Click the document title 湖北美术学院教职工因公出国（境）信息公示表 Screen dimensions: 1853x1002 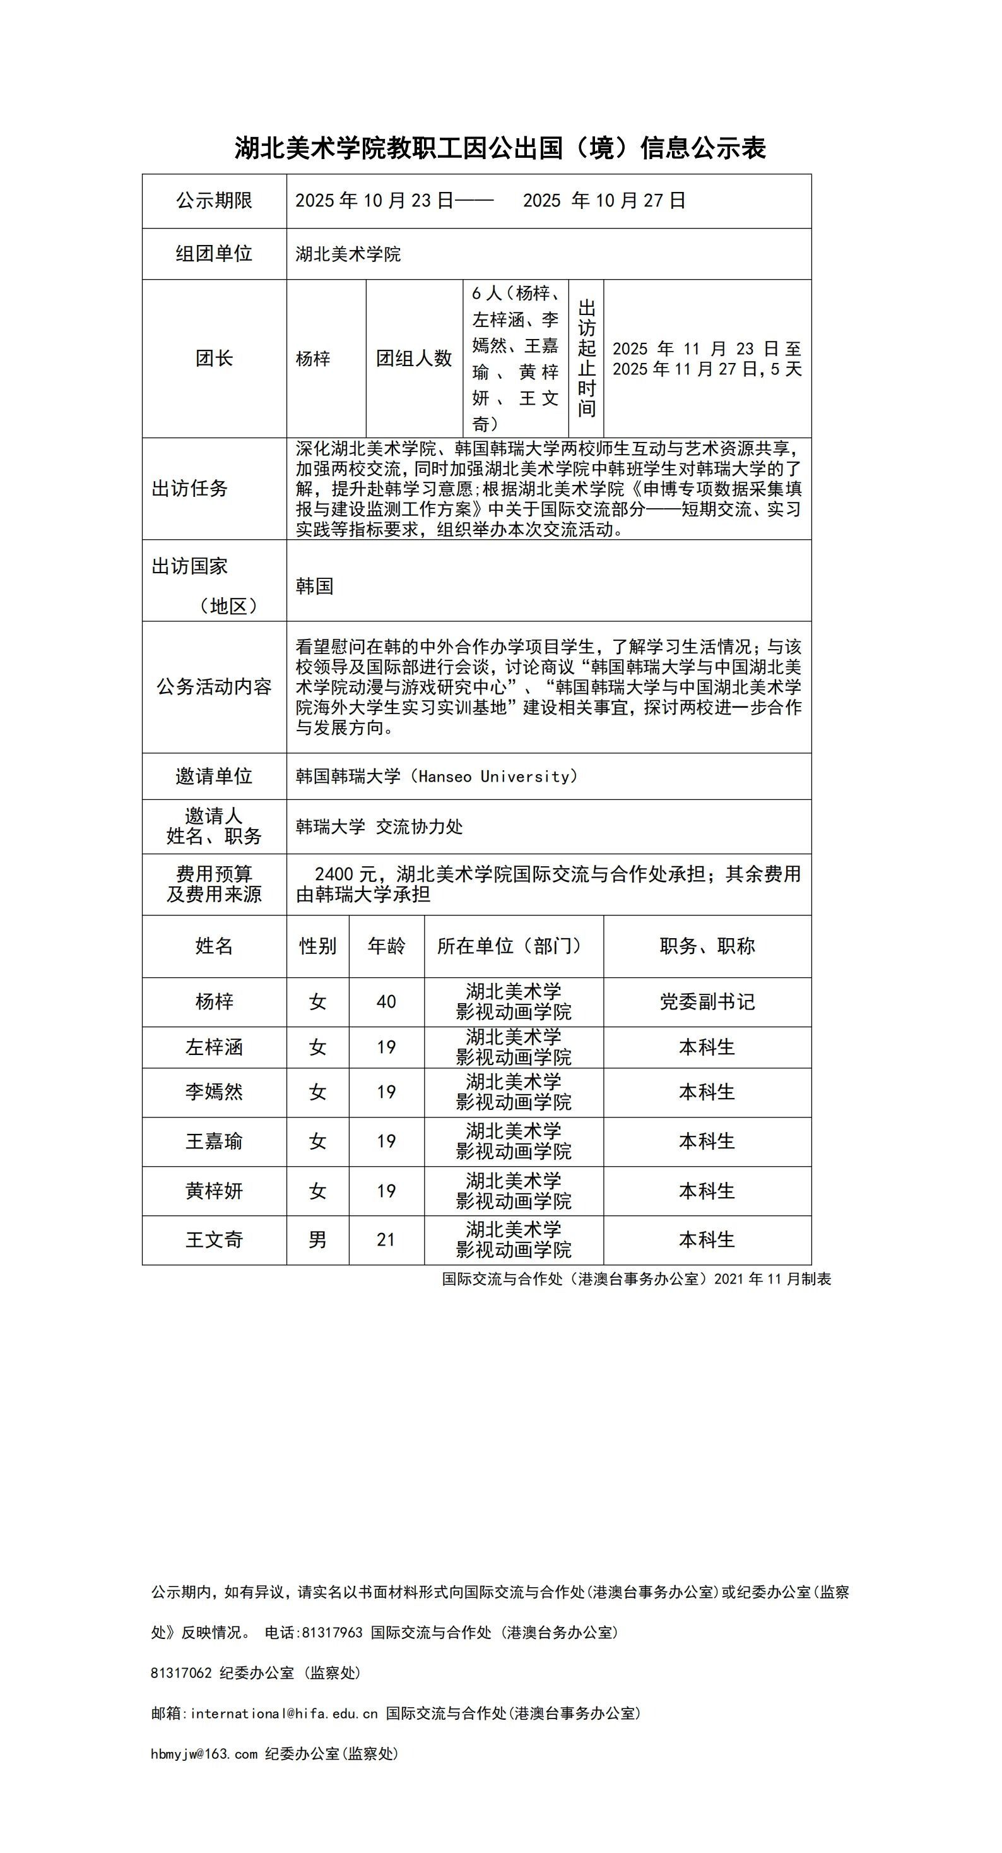click(x=500, y=148)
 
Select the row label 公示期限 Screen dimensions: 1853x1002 click(x=214, y=201)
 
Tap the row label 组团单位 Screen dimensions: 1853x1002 click(x=214, y=254)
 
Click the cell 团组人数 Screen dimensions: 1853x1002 click(x=414, y=358)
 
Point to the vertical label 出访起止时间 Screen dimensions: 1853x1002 click(x=587, y=358)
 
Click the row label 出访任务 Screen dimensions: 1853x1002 click(x=190, y=489)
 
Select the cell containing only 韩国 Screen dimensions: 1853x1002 click(x=315, y=587)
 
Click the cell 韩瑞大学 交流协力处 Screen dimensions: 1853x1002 click(x=379, y=827)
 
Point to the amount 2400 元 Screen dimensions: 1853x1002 click(x=345, y=874)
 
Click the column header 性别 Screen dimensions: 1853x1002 click(x=318, y=946)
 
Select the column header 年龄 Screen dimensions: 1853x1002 click(x=387, y=946)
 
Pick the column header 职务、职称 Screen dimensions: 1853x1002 click(x=707, y=946)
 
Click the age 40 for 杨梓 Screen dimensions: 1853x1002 click(x=387, y=1002)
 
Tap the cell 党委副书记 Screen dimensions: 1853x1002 click(x=707, y=1002)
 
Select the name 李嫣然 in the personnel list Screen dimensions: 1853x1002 click(x=214, y=1092)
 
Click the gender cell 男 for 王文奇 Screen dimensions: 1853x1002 click(x=318, y=1239)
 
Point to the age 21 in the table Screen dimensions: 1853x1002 click(x=387, y=1239)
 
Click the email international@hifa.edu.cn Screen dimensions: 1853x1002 click(x=284, y=1713)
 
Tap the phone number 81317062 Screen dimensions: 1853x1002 click(x=181, y=1673)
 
